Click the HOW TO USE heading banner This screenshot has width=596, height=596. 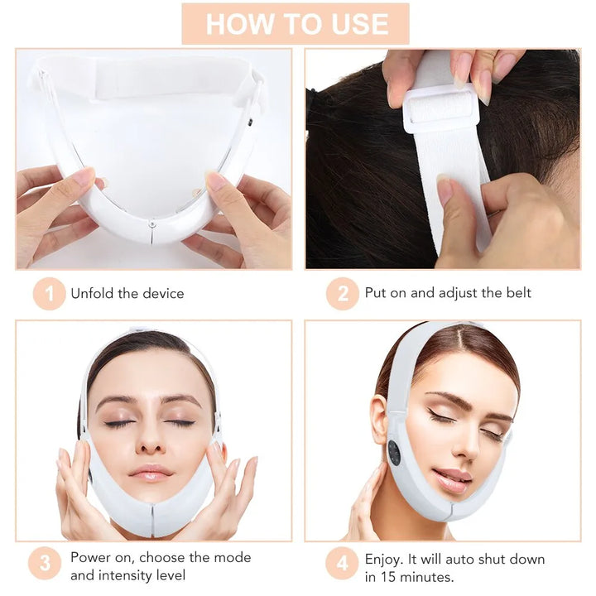pos(296,23)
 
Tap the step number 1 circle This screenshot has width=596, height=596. pos(49,294)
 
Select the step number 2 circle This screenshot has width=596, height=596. pos(342,294)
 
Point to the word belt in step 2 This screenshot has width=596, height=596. pos(518,293)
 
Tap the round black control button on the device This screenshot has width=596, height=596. pos(394,453)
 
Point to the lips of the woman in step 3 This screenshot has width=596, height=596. pos(151,473)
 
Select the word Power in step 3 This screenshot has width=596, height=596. pos(89,558)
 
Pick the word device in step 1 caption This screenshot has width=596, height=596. pos(162,294)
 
